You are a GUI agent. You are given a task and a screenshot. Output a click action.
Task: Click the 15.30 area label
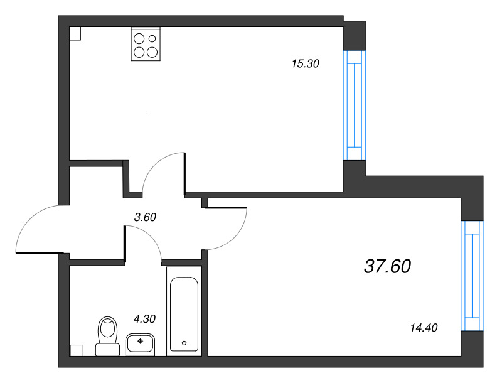306,63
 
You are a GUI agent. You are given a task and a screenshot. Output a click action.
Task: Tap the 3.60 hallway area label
145,217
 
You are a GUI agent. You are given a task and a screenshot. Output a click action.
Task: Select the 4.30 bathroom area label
144,318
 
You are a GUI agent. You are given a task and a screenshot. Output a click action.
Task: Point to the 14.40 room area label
424,328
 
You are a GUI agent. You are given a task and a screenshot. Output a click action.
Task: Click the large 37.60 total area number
387,266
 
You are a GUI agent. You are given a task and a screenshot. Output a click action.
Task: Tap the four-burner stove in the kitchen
146,44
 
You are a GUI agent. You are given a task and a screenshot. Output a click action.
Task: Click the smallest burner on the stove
152,38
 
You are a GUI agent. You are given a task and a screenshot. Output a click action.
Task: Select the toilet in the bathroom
107,337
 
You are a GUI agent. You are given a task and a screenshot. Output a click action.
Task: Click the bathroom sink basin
140,345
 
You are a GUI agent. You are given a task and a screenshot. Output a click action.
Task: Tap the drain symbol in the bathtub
184,343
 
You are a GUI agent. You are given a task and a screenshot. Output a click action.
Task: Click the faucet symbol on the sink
140,341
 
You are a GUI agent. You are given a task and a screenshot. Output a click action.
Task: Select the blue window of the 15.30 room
355,105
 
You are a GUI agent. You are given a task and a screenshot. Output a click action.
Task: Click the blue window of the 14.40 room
473,276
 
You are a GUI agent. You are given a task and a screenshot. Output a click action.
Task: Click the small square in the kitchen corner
75,34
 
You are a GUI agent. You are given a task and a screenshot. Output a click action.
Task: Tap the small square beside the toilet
76,350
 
